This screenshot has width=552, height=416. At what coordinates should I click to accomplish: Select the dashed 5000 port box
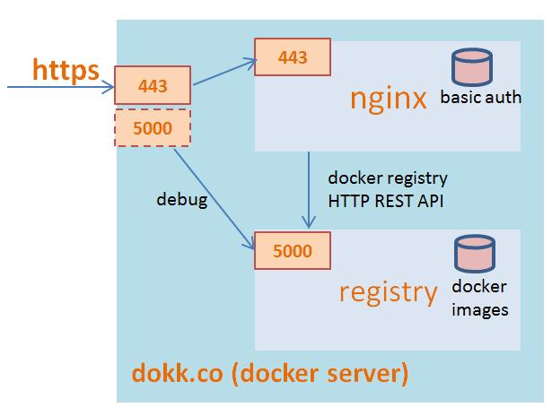[153, 128]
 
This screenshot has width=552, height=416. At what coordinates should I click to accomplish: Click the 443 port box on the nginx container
[292, 57]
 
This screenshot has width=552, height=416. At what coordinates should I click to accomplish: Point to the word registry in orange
[389, 291]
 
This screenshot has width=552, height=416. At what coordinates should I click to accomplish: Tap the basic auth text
[481, 98]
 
